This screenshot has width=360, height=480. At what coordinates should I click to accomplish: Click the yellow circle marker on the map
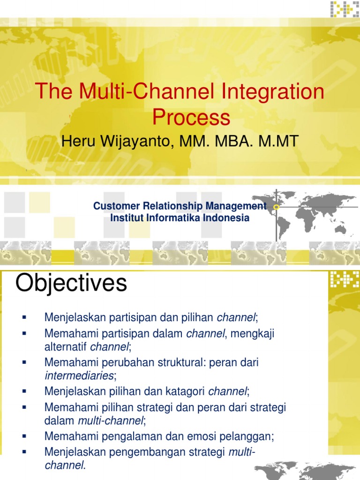[x=276, y=207]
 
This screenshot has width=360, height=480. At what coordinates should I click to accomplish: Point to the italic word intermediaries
[x=79, y=375]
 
